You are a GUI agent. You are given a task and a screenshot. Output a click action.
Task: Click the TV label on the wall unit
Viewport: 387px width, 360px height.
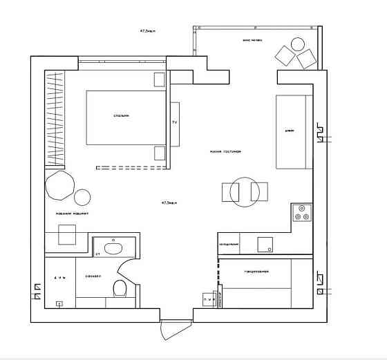(174, 122)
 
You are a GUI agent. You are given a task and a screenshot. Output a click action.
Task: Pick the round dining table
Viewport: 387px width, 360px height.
(245, 192)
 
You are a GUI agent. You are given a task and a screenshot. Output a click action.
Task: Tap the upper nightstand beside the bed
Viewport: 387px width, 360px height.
(160, 78)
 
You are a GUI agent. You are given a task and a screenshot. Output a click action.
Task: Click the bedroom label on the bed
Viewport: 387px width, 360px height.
(122, 115)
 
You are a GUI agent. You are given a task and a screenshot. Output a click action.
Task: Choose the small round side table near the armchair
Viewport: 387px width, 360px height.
(82, 198)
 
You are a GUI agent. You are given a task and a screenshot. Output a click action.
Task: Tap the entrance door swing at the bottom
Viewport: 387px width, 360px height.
(173, 330)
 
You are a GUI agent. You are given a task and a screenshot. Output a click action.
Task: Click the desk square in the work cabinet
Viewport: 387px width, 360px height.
(66, 235)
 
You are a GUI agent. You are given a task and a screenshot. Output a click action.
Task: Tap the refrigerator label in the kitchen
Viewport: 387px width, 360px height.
(229, 244)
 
